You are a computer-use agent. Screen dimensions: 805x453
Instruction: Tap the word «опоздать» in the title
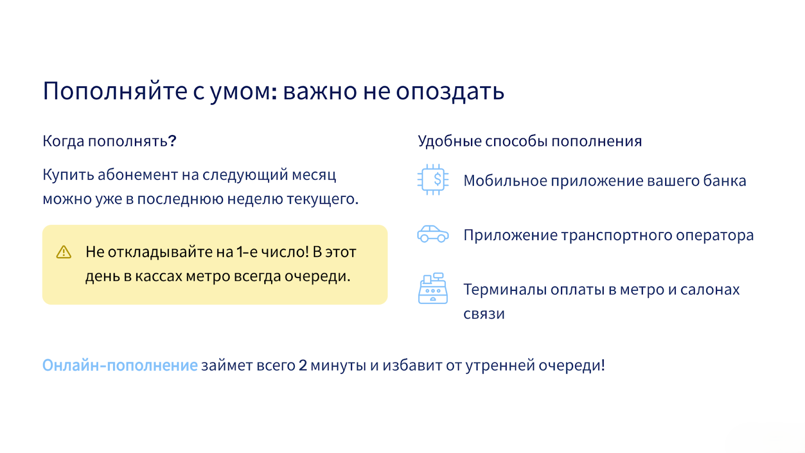[x=450, y=91]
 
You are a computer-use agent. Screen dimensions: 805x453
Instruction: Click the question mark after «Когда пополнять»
[x=172, y=140]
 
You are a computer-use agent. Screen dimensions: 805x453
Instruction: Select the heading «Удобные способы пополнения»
[x=530, y=141]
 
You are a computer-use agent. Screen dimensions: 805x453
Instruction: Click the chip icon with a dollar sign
[x=433, y=179]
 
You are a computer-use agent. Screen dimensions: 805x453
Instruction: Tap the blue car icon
[x=433, y=234]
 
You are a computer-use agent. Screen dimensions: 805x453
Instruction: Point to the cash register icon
[x=433, y=288]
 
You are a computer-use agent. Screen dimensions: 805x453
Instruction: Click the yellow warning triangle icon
[x=63, y=252]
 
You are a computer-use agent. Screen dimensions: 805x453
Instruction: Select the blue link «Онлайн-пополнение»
[x=120, y=365]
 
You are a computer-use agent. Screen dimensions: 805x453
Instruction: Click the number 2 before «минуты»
[x=302, y=365]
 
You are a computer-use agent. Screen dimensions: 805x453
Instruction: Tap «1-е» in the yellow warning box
[x=247, y=252]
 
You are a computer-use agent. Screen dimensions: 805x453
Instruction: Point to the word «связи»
[x=484, y=314]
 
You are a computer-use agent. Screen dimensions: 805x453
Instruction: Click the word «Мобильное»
[x=505, y=181]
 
